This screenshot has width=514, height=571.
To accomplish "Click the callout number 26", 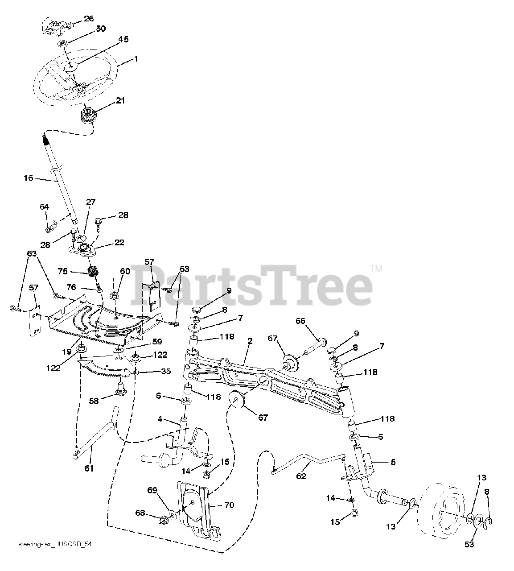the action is [89, 18].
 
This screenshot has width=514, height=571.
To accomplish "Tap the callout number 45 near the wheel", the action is [123, 40].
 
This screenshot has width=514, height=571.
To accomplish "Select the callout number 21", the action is [120, 101].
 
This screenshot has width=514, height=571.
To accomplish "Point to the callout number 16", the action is [29, 178].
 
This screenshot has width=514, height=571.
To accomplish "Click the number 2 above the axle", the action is [250, 341].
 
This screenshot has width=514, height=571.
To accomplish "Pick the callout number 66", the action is [301, 321].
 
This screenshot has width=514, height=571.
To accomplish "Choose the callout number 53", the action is [469, 544].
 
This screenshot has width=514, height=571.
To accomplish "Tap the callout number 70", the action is [230, 505].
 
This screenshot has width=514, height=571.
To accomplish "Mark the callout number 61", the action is [89, 468].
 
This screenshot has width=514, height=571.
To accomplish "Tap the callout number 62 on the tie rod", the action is [301, 476].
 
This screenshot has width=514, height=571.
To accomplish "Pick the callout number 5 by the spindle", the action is [392, 462].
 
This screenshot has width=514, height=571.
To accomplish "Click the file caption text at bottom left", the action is [56, 545].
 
